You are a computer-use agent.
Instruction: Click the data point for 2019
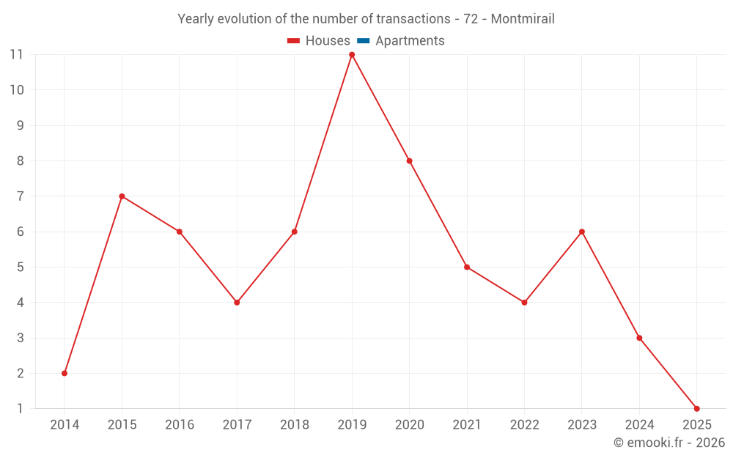coord(352,55)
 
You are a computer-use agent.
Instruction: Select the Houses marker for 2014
coord(65,373)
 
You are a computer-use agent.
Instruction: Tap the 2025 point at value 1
coord(696,408)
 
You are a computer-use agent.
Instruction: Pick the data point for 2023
coord(581,232)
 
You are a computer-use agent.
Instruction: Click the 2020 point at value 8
coord(409,161)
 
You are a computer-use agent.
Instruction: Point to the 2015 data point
coord(122,196)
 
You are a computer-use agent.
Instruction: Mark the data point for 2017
coord(237,303)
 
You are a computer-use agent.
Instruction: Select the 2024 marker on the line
coord(639,338)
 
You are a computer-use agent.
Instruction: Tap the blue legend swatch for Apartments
coord(364,41)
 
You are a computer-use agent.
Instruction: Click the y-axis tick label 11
coord(16,55)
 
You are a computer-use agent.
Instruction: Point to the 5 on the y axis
coord(20,267)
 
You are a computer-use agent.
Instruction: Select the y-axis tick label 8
coord(20,161)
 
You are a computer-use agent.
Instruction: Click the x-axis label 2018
coord(294,425)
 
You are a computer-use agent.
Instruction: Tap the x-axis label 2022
coord(524,425)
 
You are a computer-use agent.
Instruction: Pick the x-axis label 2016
coord(179,425)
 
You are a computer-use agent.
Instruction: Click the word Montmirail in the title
coord(523,19)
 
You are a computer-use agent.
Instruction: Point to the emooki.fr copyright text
coord(669,443)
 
